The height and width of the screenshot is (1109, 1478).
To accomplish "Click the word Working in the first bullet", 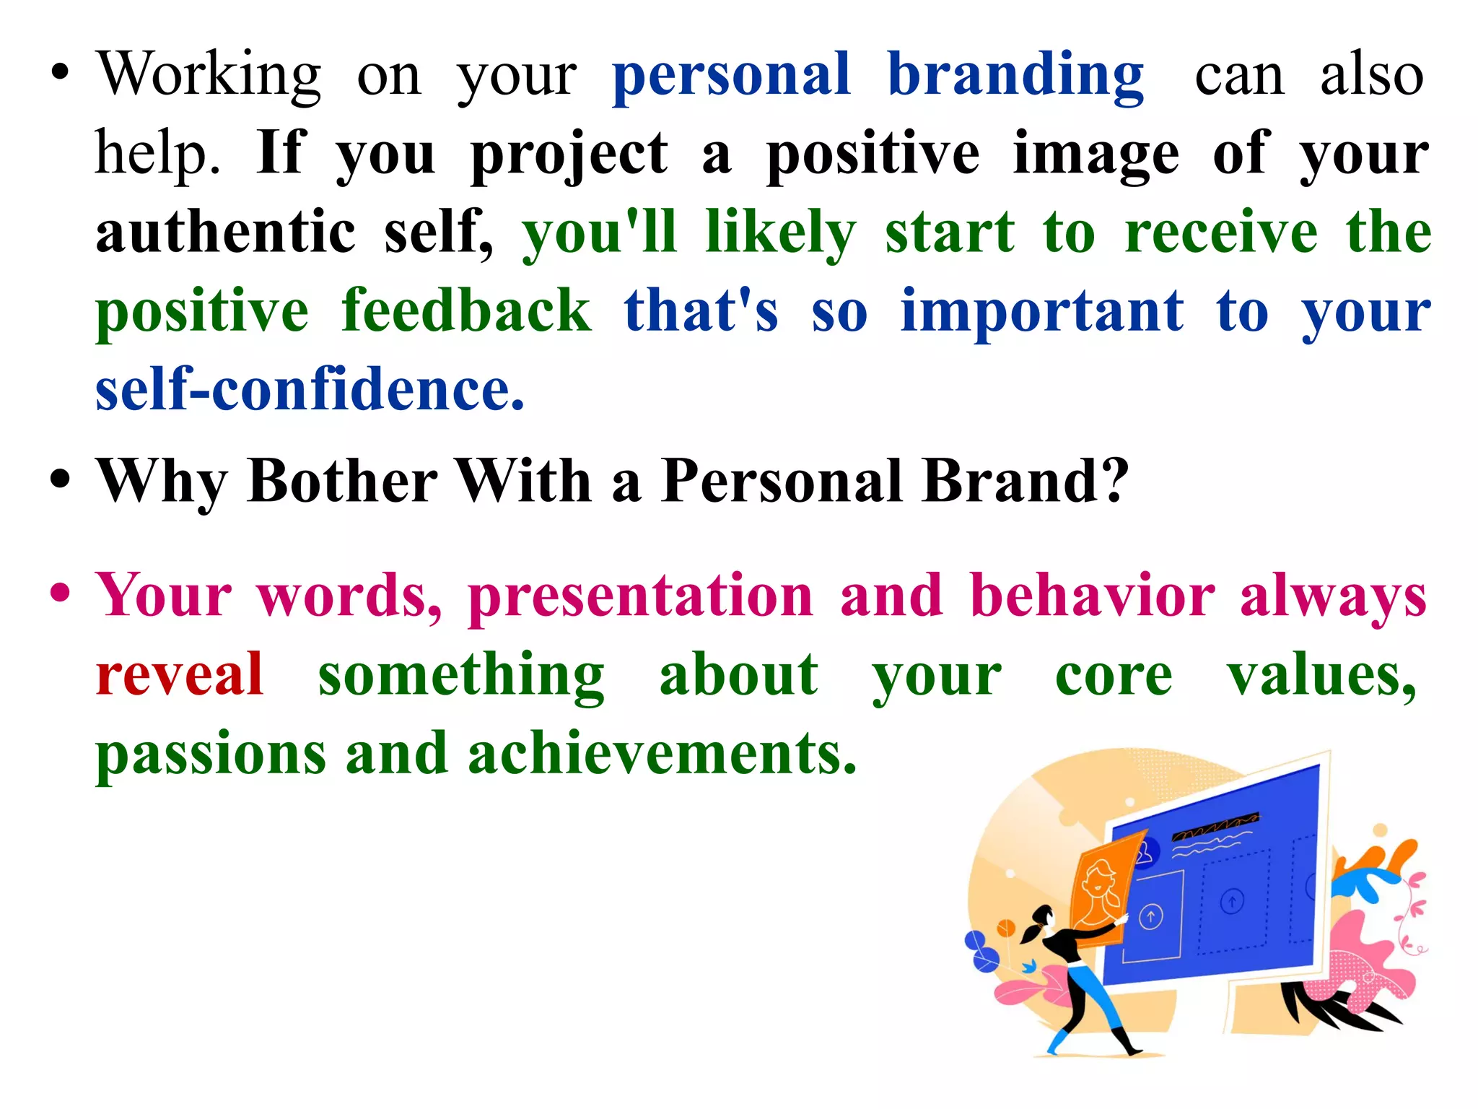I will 209,76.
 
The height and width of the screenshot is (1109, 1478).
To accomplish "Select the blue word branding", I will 1015,76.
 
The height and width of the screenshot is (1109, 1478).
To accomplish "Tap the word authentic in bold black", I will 226,232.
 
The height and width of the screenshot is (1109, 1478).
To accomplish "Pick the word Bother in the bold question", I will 342,481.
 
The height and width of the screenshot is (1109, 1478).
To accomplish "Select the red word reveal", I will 180,674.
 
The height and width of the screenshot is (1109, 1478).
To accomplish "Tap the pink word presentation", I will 641,596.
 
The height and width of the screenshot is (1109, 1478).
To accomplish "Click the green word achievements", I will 662,754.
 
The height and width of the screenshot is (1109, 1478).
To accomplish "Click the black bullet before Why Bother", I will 61,479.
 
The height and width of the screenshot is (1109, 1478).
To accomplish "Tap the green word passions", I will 211,755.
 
